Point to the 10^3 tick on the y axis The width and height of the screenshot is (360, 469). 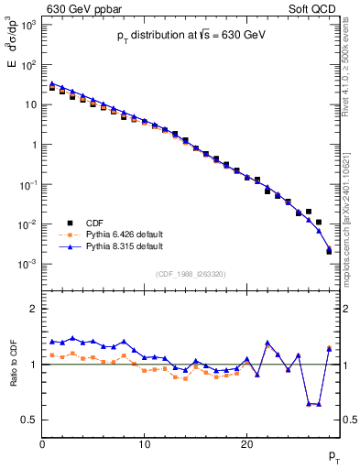coord(28,25)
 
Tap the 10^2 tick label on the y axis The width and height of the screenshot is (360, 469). coord(28,65)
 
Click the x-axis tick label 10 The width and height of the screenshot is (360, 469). coord(144,444)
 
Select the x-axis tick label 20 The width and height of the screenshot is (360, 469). coord(246,444)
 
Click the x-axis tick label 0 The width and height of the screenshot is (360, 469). coord(42,444)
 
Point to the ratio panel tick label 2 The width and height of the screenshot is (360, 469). coord(33,309)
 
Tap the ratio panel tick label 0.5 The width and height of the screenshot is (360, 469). coord(29,420)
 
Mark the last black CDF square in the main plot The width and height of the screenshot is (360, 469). coord(329,250)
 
